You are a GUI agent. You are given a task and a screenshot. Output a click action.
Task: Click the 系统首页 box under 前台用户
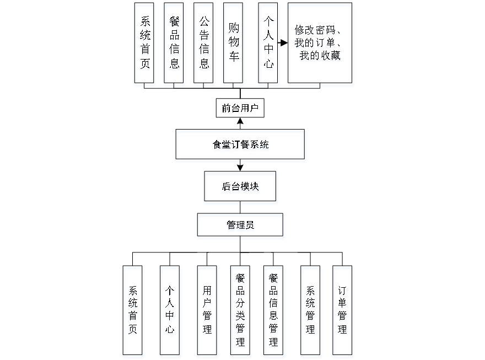coord(144,43)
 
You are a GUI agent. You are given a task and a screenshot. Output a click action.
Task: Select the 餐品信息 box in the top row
coord(174,43)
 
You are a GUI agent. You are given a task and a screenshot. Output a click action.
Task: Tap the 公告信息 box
coord(204,43)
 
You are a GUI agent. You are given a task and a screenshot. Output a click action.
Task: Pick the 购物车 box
coord(233,43)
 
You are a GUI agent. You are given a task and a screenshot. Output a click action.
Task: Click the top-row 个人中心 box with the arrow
coord(268,43)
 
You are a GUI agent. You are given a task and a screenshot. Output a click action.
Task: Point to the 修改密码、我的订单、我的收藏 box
coord(320,43)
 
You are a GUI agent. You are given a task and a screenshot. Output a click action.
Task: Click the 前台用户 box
coord(240,109)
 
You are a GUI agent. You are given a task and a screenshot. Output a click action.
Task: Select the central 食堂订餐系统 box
coord(240,144)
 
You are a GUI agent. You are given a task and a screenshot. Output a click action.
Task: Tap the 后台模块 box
coord(240,186)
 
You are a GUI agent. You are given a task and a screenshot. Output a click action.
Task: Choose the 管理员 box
coord(240,225)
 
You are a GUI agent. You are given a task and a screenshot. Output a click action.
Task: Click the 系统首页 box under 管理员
coord(133,310)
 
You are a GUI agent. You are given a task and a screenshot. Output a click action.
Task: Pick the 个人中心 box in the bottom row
coord(170,310)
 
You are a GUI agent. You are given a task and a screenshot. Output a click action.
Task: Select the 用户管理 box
coord(207,310)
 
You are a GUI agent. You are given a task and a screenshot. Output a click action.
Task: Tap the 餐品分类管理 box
coord(240,310)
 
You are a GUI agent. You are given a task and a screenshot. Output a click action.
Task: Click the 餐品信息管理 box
coord(273,310)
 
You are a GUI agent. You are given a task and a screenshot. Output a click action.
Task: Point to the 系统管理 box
coord(310,310)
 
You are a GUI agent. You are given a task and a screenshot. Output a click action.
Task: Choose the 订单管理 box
coord(342,310)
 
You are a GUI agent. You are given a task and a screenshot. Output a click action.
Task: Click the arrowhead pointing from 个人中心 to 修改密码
coord(284,43)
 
